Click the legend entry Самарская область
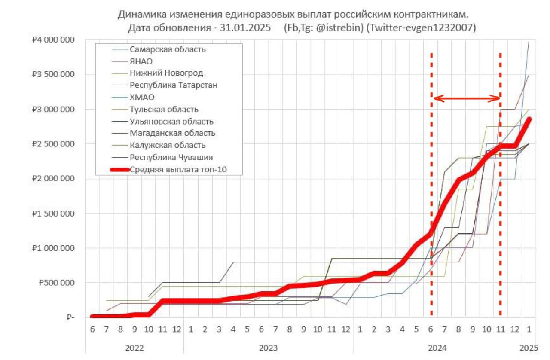tap(168, 49)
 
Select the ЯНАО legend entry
tap(141, 61)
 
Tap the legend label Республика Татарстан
tap(174, 85)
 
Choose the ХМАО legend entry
tap(142, 97)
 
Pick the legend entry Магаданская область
tap(172, 133)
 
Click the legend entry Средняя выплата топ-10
tap(178, 169)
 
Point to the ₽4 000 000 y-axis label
tap(53, 40)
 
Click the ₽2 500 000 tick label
tap(53, 144)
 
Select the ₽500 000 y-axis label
tap(56, 283)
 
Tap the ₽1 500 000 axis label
tap(53, 214)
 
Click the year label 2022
tap(134, 348)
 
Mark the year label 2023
tap(268, 348)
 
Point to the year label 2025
tap(529, 348)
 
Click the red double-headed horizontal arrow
tap(467, 98)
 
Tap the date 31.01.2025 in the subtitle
tap(245, 27)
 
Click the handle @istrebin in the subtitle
tap(339, 27)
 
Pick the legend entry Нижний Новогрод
tap(166, 73)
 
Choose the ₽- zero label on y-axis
tap(70, 317)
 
